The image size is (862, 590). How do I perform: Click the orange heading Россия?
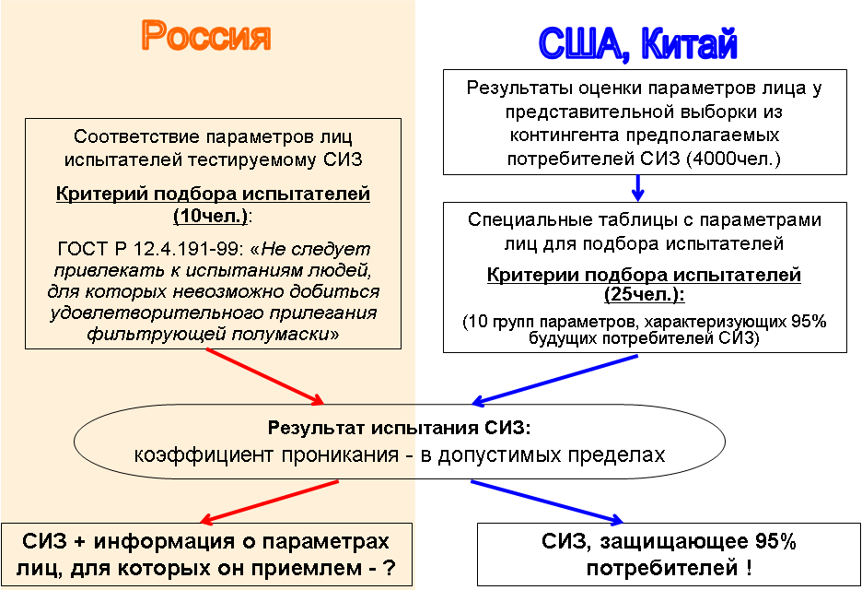tap(206, 36)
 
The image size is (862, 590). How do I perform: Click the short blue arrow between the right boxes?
tap(637, 188)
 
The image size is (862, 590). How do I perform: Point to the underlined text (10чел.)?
tap(211, 217)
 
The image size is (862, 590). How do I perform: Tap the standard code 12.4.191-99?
tap(187, 249)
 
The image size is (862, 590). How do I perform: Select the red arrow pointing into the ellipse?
tap(265, 377)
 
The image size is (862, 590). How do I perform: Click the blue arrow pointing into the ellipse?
tap(554, 380)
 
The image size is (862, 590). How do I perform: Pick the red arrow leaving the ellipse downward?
tap(269, 501)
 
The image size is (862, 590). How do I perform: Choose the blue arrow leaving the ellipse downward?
tap(547, 501)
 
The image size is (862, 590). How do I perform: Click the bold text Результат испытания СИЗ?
tap(400, 428)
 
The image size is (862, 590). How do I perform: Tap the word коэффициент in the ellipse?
tap(204, 455)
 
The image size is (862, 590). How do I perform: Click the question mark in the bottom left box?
tap(390, 568)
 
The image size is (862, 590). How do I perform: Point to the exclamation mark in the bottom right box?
tap(749, 568)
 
